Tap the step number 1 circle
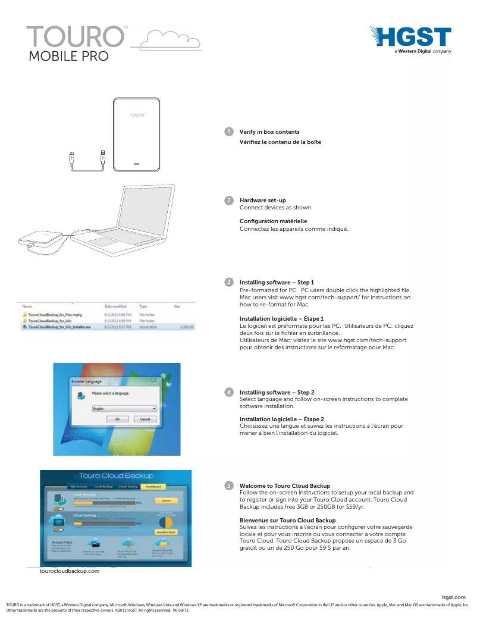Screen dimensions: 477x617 pos(228,131)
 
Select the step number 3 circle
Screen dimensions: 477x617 pos(228,281)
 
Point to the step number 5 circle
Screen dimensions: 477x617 pos(228,486)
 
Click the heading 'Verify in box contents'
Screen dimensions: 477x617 pos(269,131)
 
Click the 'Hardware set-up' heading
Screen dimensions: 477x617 pos(262,201)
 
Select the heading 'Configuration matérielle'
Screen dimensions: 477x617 pos(273,221)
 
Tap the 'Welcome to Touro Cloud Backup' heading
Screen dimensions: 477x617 pos(284,486)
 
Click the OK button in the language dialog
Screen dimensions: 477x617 pos(117,419)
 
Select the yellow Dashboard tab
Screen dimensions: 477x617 pos(152,487)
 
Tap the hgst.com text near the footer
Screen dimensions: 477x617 pos(454,597)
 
